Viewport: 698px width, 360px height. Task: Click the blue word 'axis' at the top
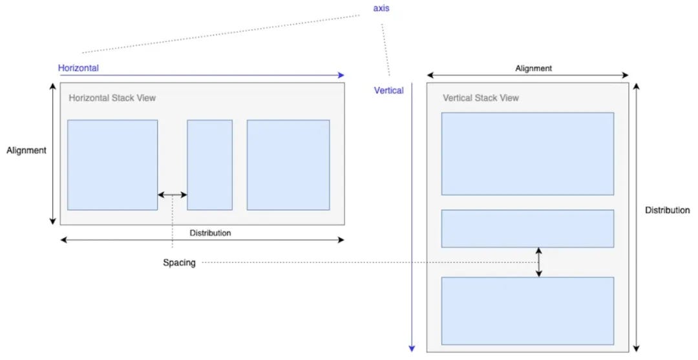click(x=382, y=9)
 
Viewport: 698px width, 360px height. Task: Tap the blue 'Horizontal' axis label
click(x=78, y=67)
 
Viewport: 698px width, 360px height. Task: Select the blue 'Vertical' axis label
click(x=388, y=90)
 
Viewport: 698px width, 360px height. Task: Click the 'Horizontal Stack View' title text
click(x=112, y=98)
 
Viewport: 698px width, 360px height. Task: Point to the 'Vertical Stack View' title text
click(x=480, y=98)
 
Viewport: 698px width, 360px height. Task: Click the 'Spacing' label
click(x=179, y=263)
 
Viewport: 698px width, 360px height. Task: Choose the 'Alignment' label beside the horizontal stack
click(x=26, y=151)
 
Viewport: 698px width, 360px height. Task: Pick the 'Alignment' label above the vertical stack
click(x=533, y=68)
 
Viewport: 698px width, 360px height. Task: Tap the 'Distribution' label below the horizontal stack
click(x=210, y=233)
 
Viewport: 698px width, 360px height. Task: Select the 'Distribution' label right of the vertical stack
click(x=667, y=210)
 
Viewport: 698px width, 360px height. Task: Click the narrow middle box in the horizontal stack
click(x=209, y=165)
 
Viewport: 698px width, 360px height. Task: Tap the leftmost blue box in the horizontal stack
click(x=112, y=165)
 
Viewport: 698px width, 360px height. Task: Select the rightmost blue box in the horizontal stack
click(x=288, y=165)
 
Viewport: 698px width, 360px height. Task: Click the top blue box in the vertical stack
click(x=527, y=154)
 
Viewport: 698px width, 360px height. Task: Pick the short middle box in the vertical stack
click(x=527, y=228)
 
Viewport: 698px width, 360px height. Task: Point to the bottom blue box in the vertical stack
click(x=527, y=311)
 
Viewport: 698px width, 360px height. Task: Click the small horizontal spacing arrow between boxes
click(x=173, y=195)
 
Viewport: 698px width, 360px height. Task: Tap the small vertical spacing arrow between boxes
click(x=539, y=262)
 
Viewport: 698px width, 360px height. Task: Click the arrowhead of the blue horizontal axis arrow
click(x=342, y=75)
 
